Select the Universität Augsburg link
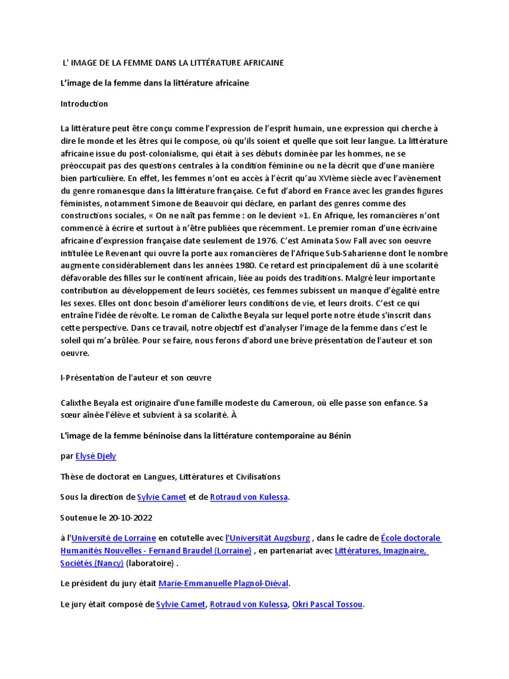click(x=268, y=538)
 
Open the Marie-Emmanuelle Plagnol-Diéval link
click(x=224, y=584)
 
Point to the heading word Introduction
click(x=84, y=104)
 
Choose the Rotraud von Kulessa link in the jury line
click(x=248, y=604)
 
